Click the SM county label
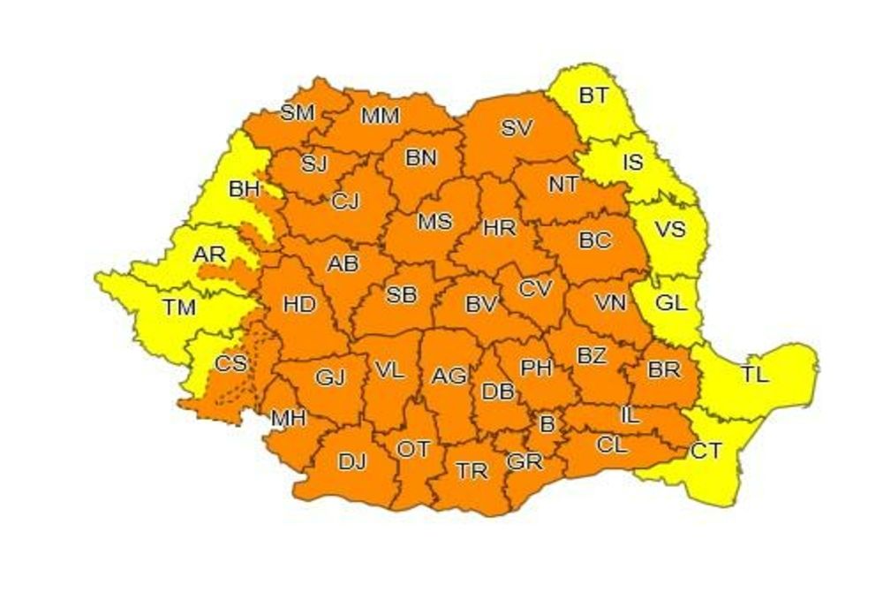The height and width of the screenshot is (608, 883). click(298, 112)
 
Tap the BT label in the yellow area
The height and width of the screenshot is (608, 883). click(593, 95)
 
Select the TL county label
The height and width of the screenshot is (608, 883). click(754, 374)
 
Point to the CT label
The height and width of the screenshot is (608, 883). click(706, 452)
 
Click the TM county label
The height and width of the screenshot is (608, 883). click(179, 308)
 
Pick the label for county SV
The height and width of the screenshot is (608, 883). click(517, 127)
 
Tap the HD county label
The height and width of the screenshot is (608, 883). click(299, 305)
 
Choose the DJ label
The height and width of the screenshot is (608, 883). click(352, 460)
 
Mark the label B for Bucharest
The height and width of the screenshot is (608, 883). click(547, 425)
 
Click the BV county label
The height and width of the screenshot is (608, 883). click(482, 305)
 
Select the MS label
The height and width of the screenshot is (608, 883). click(434, 222)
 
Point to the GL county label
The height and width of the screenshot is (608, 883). click(671, 303)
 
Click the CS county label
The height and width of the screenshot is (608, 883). click(231, 363)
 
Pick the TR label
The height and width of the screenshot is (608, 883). click(472, 471)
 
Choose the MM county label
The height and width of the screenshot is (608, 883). click(381, 116)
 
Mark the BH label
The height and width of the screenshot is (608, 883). click(244, 188)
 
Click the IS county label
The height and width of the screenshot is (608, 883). click(632, 162)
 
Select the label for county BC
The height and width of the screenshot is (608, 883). click(594, 239)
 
